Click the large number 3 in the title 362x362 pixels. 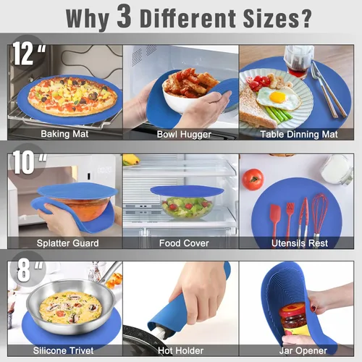pos(125,16)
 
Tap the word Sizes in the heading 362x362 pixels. pos(271,18)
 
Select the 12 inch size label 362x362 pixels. pos(29,54)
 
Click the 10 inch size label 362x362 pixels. pos(30,162)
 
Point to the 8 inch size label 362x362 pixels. pos(30,270)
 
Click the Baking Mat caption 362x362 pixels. pos(64,134)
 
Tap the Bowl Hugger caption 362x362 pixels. pos(184,135)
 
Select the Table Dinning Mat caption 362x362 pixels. pos(299,135)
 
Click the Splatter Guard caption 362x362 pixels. pos(68,243)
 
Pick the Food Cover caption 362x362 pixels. pos(184,243)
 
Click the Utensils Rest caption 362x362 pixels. pos(300,243)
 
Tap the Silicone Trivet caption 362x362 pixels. pos(63,350)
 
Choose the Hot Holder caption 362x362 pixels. pos(181,350)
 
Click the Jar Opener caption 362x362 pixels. pos(303,350)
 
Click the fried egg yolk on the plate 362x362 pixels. pos(277,97)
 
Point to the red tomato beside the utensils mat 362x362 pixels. pos(253,180)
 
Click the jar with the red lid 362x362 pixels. pos(293,320)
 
